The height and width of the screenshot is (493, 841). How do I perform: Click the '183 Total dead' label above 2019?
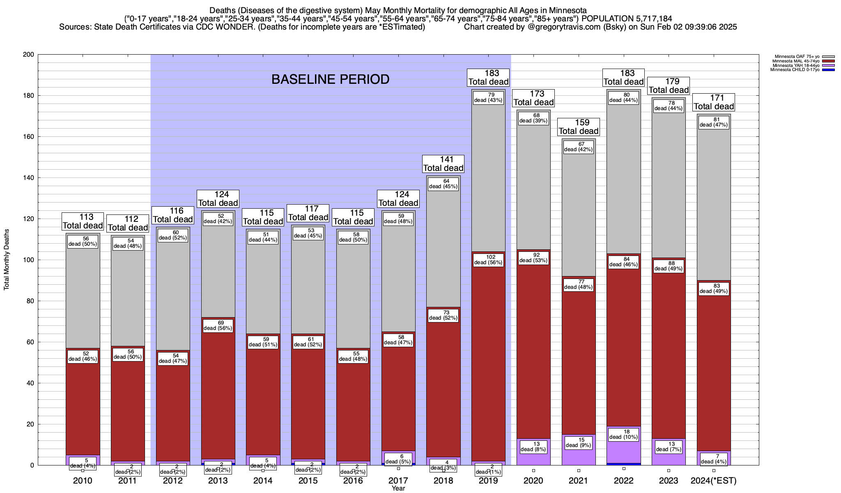tap(488, 77)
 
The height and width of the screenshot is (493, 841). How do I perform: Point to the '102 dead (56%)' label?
tap(488, 260)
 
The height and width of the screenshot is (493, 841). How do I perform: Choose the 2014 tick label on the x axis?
tap(263, 481)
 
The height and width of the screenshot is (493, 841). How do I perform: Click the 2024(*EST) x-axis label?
tap(714, 481)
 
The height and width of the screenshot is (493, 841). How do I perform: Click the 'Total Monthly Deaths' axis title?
tap(7, 260)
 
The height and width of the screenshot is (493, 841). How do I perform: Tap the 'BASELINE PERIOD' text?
tap(330, 79)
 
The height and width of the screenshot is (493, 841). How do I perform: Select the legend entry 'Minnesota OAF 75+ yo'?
tap(797, 56)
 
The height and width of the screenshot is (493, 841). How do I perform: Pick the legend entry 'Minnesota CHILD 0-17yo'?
tap(795, 70)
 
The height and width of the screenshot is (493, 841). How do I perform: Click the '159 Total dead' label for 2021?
tap(579, 127)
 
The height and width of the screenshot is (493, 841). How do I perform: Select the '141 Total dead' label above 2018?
tap(443, 164)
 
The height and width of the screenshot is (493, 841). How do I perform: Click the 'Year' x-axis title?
tap(398, 488)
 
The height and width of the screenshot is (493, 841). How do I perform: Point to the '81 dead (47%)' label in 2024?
tap(714, 122)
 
